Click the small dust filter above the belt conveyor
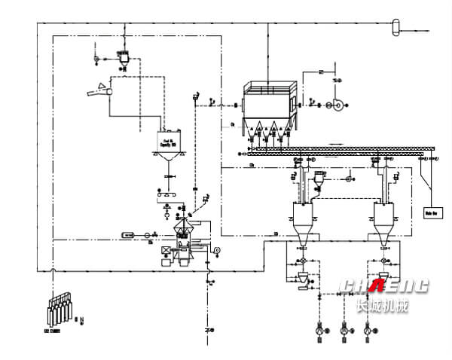pos(124,57)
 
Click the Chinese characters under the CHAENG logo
pos(381,305)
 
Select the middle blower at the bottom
pos(346,329)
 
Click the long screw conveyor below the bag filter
pos(339,148)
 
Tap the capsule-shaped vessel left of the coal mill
pos(128,236)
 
